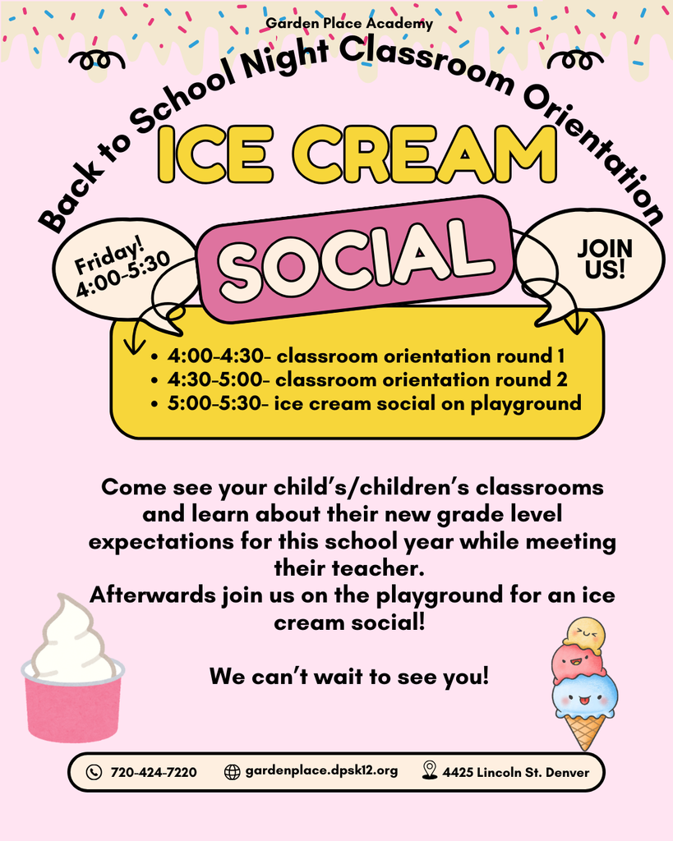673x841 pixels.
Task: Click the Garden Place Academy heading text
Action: [349, 24]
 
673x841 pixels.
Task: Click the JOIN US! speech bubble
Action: [604, 259]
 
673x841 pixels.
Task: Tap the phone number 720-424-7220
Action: [153, 772]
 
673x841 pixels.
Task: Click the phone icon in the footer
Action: [94, 772]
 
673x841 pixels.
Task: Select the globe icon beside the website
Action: [232, 772]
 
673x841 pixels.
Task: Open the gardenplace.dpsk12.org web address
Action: [321, 771]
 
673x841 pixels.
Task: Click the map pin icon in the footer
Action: [429, 770]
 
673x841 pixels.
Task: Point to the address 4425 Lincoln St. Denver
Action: [515, 772]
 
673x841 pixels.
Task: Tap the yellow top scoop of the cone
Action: [584, 633]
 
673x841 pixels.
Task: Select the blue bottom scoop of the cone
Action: [584, 695]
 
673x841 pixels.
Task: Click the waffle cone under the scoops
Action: [585, 730]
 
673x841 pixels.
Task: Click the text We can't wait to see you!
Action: [349, 678]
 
